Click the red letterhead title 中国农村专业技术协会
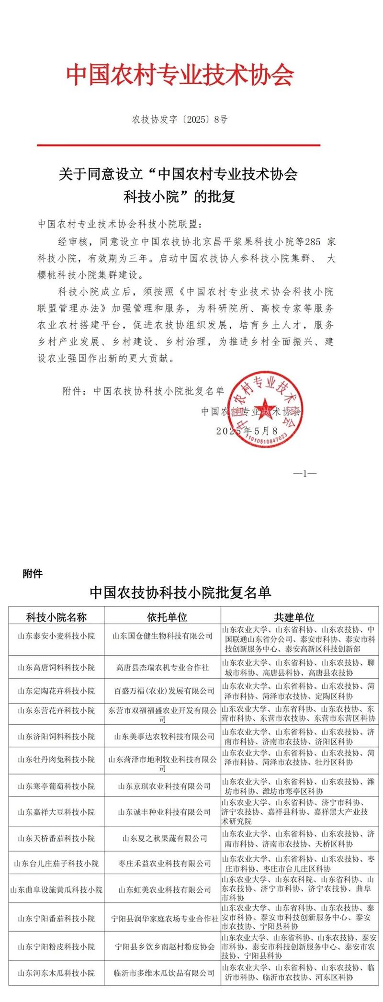coord(180,75)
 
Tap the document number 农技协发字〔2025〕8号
coord(180,120)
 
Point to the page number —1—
coord(304,474)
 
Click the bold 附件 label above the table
coord(32,573)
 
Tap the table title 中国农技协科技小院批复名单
coord(180,593)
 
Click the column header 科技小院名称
coord(56,617)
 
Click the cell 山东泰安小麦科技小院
coord(56,636)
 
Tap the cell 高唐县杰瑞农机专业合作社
coord(162,667)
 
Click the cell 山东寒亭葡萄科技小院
coord(56,786)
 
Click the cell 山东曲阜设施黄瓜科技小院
coord(56,889)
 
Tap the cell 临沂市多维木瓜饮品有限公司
coord(163,973)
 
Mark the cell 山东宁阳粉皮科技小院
coord(56,947)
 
